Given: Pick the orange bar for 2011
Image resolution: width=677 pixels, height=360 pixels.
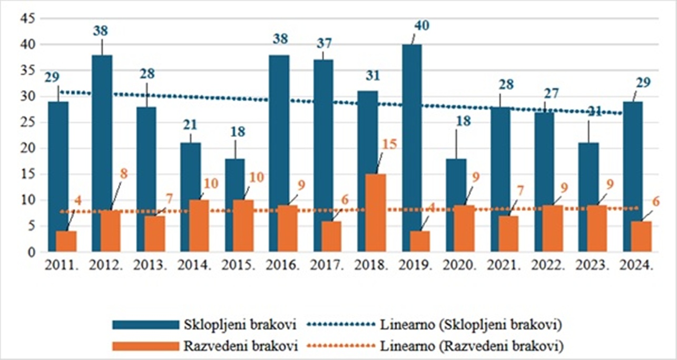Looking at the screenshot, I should coord(66,241).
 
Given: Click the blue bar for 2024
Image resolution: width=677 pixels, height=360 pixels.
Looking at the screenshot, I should coord(632,176).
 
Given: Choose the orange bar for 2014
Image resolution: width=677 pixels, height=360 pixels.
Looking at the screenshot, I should coord(200,226).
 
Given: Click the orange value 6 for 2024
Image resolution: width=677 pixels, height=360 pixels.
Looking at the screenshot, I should coord(656,202).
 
